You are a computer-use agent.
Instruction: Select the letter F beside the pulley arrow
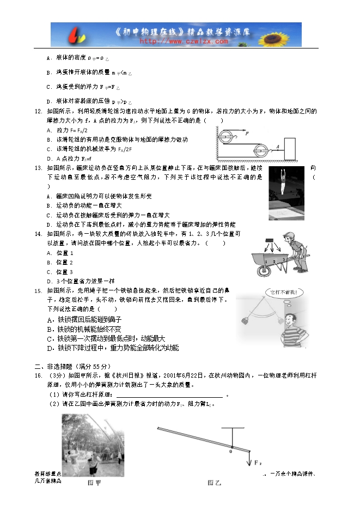247,133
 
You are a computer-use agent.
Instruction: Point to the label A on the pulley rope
277,146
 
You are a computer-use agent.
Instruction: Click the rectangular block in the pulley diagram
289,149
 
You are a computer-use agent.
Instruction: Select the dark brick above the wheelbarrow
269,242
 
